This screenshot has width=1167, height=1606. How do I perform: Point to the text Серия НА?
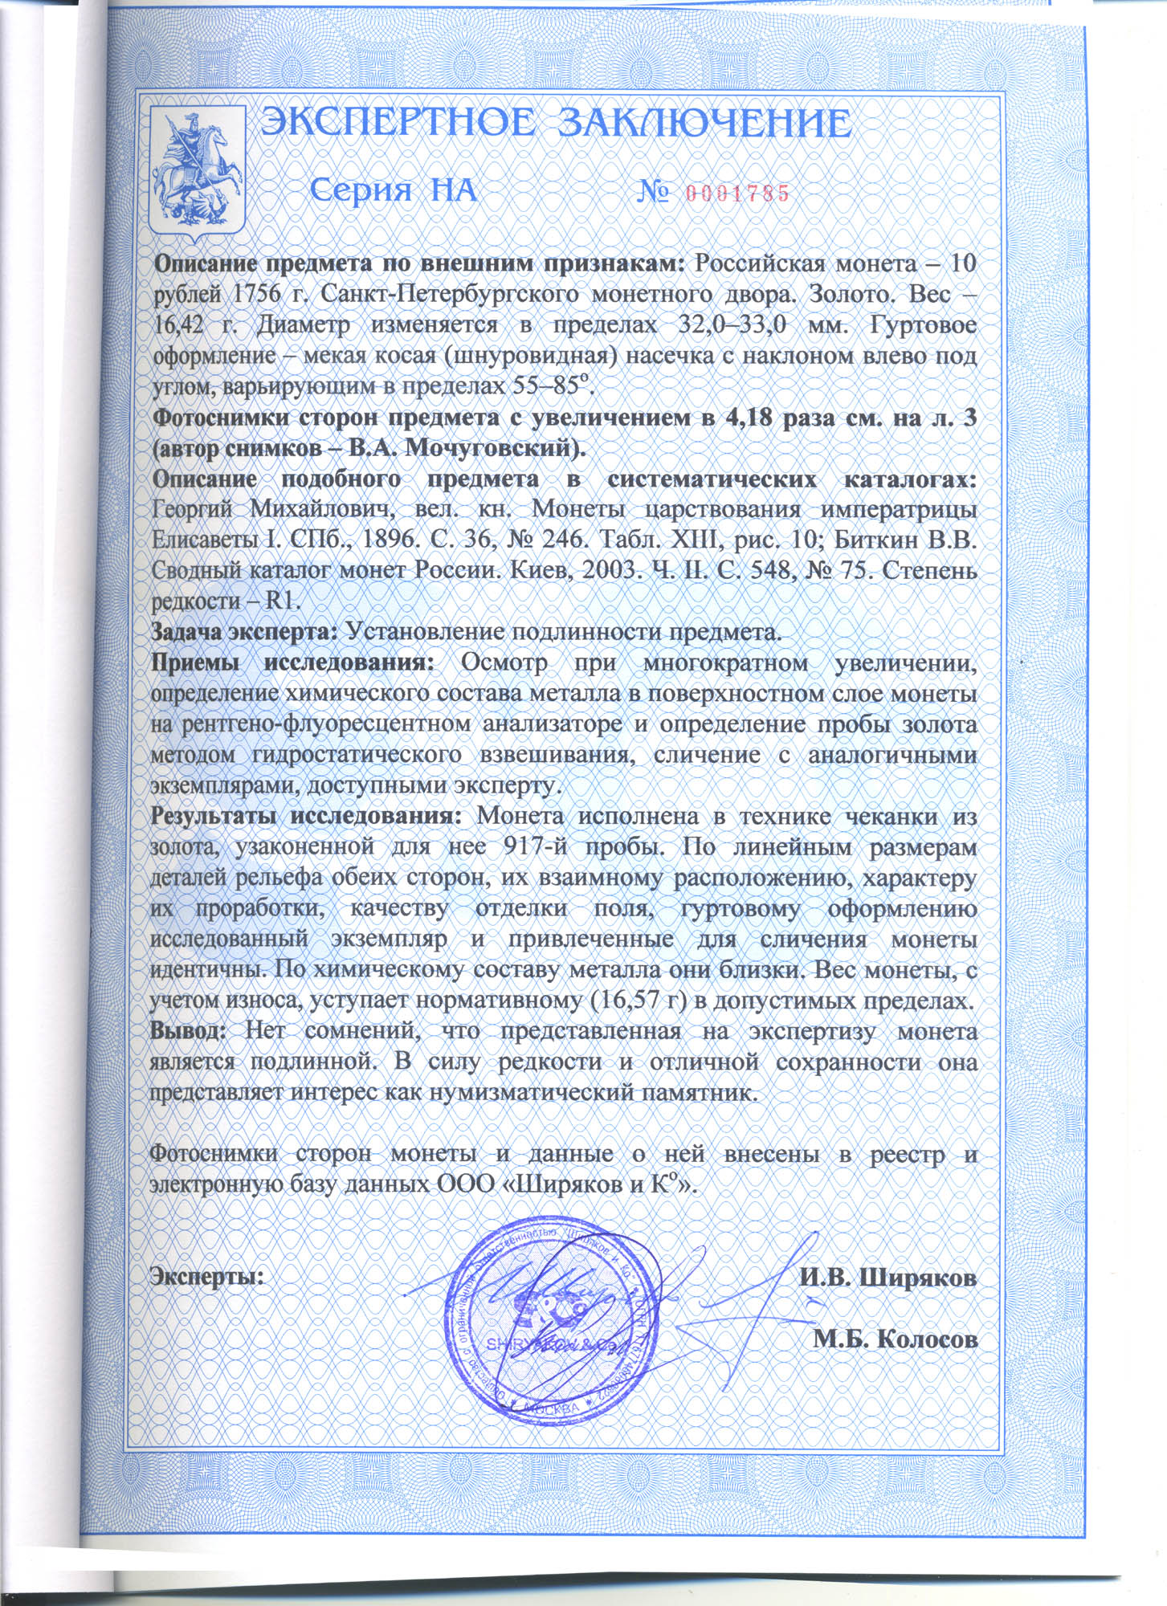394,191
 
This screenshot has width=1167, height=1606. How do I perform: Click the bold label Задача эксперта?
245,632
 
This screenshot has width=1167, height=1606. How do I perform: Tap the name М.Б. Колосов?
895,1339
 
